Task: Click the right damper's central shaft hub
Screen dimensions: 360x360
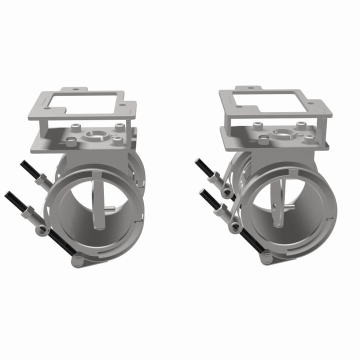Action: pyautogui.click(x=283, y=133)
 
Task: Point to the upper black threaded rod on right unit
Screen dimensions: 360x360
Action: pyautogui.click(x=204, y=167)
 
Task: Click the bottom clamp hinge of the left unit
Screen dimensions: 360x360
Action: pyautogui.click(x=77, y=261)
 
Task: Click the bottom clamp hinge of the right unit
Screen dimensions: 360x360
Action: pyautogui.click(x=265, y=258)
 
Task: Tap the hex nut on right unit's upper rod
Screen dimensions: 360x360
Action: pyautogui.click(x=215, y=177)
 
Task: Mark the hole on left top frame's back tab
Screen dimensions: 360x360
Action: pyautogui.click(x=75, y=90)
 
